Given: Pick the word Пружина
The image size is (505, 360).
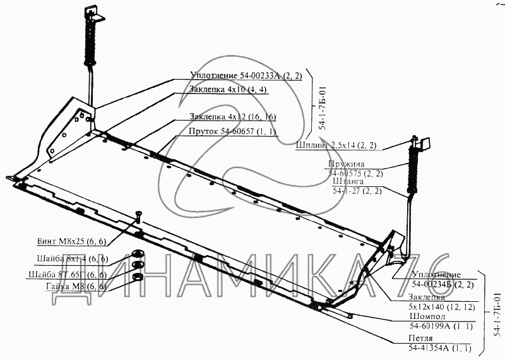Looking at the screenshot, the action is click(346, 163).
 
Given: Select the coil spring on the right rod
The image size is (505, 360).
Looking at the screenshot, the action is click(415, 171).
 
